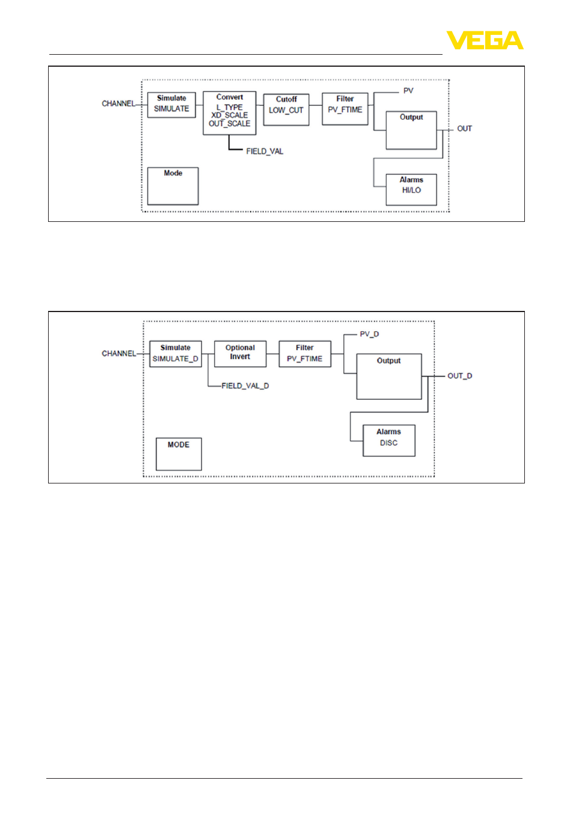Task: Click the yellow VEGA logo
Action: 485,40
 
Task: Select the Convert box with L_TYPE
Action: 229,113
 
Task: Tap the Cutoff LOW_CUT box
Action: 286,109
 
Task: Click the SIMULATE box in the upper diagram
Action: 171,105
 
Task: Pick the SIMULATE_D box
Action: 176,354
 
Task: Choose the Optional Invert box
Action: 240,354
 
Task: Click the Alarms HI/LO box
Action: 411,189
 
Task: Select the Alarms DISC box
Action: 388,440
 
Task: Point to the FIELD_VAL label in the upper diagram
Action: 265,152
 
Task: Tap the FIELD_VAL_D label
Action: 245,386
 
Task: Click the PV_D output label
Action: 369,334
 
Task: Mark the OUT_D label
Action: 459,376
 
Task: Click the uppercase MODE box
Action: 179,454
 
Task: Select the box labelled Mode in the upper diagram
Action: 173,186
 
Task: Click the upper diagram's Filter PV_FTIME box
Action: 345,109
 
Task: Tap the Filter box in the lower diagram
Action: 304,354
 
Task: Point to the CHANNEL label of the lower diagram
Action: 118,354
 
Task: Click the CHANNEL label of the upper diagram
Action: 118,103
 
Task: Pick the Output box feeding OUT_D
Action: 388,376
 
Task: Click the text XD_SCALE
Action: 229,115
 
